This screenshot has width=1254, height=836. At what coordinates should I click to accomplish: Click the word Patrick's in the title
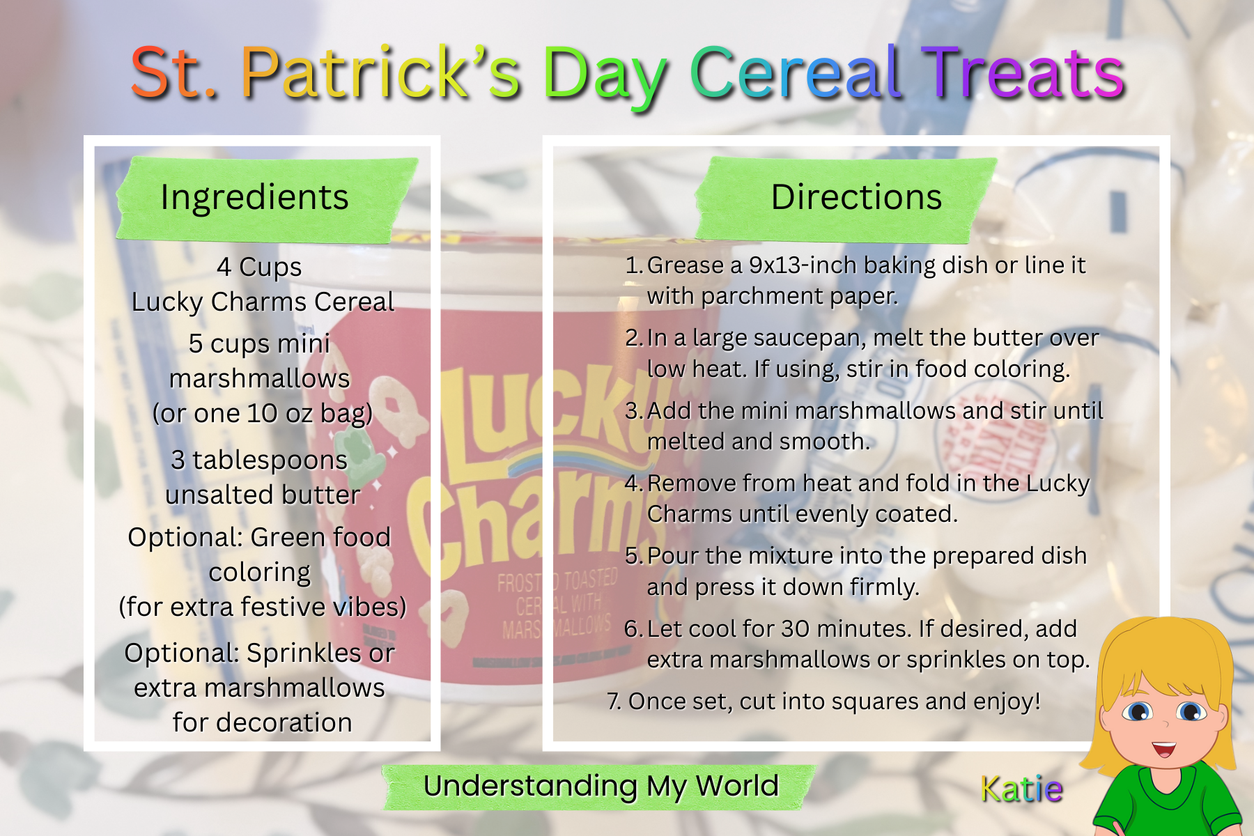point(381,72)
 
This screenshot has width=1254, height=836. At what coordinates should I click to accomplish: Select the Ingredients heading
point(254,198)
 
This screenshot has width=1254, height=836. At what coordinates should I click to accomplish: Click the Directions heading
point(856,197)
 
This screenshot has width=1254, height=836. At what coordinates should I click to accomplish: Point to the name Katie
point(1021,789)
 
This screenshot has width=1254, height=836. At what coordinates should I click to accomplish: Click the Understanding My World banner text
point(601,787)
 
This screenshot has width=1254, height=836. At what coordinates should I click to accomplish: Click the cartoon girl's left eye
point(1138,711)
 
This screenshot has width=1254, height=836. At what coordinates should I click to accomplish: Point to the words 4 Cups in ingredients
point(259,268)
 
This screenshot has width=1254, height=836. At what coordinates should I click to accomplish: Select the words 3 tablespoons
point(259,460)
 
